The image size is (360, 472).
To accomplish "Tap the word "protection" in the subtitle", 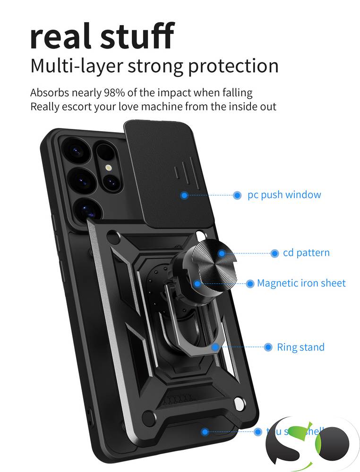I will [233, 66].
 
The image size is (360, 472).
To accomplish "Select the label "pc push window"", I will [284, 195].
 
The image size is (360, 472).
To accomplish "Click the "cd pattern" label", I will [306, 253].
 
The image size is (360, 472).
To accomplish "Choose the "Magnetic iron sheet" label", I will [301, 283].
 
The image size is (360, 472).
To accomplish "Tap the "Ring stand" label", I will [300, 347].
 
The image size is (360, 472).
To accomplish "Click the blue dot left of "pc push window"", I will [238, 195].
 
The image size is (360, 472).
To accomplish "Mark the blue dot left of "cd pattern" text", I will [274, 253].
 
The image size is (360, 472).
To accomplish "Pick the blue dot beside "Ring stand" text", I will [268, 347].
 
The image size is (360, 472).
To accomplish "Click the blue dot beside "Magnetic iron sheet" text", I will [250, 284].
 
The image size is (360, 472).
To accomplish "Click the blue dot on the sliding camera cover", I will [185, 195].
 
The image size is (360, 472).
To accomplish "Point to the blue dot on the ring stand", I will [215, 347].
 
